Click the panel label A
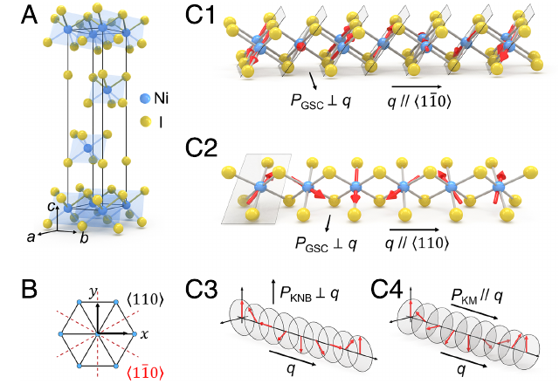click(x=30, y=15)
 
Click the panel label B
click(x=29, y=289)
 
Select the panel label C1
click(x=201, y=15)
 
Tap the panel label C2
click(x=202, y=147)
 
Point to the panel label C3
click(x=202, y=289)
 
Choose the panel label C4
click(x=387, y=289)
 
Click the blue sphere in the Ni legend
click(x=145, y=99)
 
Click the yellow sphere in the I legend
click(x=145, y=122)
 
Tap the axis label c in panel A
click(x=52, y=206)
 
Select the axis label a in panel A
click(x=31, y=237)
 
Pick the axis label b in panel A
click(x=84, y=237)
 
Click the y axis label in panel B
click(x=93, y=293)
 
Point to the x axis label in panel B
click(x=144, y=334)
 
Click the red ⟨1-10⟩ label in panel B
click(x=145, y=373)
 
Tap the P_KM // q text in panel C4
click(x=477, y=296)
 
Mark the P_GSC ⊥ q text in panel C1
click(x=321, y=101)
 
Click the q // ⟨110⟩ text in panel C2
click(x=418, y=243)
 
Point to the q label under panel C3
click(x=291, y=369)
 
